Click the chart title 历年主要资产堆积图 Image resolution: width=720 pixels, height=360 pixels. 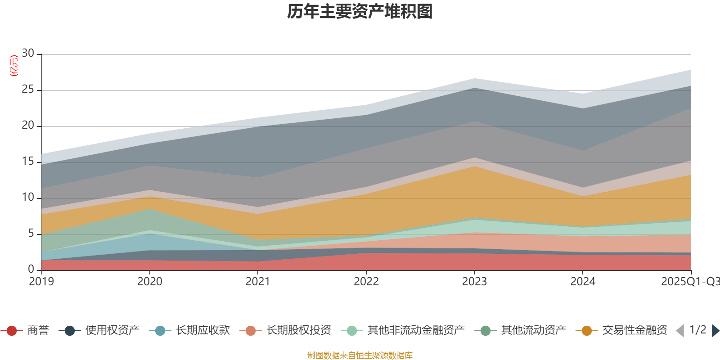coord(360,12)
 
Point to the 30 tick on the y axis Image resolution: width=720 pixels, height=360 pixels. coord(28,54)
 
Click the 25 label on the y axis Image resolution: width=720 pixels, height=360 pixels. coord(28,90)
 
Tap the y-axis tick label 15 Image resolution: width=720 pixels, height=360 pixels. coord(28,162)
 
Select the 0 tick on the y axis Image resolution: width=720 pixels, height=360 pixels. coord(31,269)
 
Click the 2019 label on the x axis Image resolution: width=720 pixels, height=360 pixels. coord(41,282)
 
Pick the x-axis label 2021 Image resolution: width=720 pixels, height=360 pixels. coord(258,282)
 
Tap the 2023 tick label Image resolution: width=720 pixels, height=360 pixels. coord(474,282)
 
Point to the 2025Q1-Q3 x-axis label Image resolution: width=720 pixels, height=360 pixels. coord(689,282)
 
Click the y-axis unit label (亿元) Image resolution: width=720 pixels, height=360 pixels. coord(14,66)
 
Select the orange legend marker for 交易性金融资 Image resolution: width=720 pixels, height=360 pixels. coord(587,331)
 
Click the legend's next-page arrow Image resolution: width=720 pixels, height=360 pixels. coord(715,331)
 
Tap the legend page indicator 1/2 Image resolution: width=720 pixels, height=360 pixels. coord(697,330)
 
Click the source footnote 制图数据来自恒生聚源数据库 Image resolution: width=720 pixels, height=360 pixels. coord(360,355)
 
